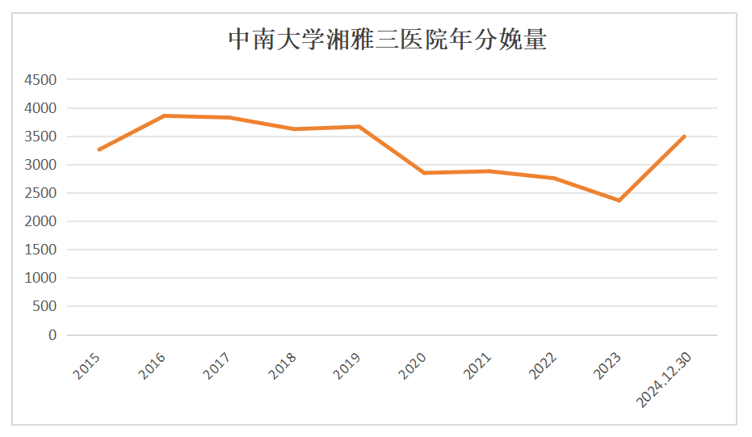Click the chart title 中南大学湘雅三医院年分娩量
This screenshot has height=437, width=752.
pos(388,40)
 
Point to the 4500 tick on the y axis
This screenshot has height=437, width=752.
pos(40,80)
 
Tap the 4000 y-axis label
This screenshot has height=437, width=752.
pos(40,108)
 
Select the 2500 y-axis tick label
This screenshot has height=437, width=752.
pos(40,193)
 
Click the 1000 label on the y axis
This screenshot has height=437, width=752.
pos(40,278)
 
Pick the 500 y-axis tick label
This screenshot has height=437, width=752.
pos(45,306)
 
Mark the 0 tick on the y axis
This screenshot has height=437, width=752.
pos(53,334)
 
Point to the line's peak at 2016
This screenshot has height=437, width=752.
pos(164,116)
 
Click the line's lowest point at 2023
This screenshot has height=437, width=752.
pos(620,200)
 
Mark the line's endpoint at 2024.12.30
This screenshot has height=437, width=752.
pos(685,136)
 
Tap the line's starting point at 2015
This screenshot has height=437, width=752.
pos(99,149)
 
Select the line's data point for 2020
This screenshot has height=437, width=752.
pos(424,173)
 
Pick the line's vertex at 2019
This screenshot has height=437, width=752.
pos(359,126)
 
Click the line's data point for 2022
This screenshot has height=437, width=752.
pos(554,178)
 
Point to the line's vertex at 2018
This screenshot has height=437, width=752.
pos(294,128)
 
